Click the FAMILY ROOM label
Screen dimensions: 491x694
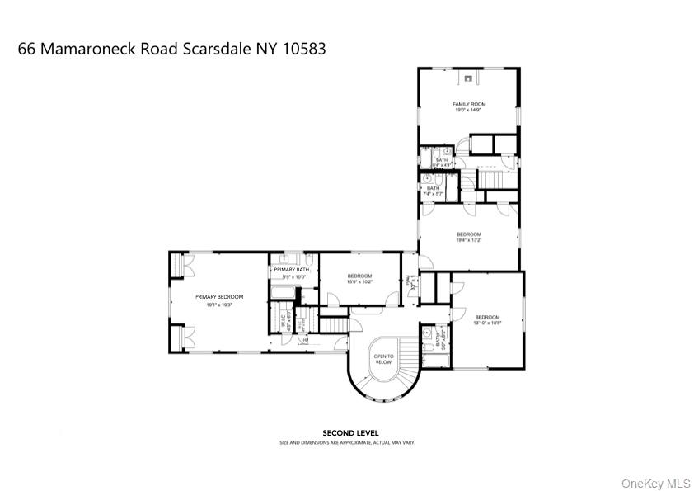(x=469, y=104)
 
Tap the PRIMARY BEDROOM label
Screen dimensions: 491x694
(x=219, y=297)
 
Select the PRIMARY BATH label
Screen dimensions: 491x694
(x=291, y=270)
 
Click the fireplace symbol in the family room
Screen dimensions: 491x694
(x=469, y=78)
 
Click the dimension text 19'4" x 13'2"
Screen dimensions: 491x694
(x=469, y=240)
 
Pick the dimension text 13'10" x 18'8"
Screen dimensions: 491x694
(x=487, y=323)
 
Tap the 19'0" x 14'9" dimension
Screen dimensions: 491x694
(x=469, y=110)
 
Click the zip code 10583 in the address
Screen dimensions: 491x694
(x=305, y=49)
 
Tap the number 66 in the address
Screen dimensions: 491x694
(x=26, y=49)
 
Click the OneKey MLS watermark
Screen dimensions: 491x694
(x=656, y=483)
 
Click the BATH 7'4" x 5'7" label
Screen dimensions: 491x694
(x=433, y=191)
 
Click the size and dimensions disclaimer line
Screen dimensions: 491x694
(x=346, y=443)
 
